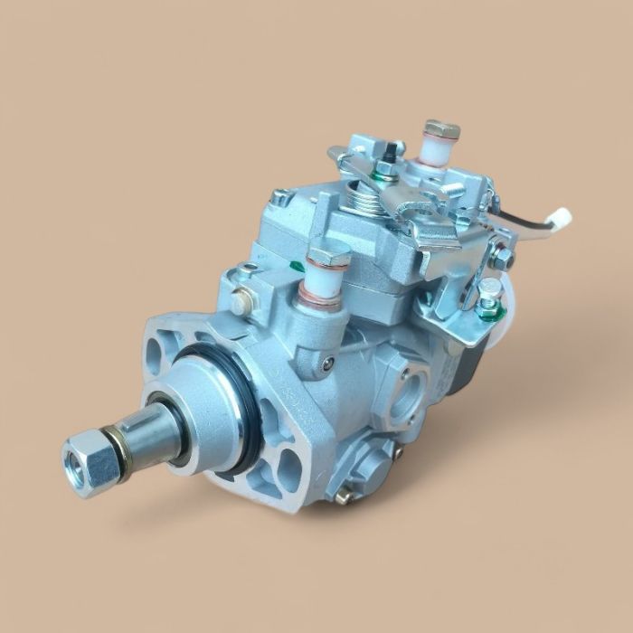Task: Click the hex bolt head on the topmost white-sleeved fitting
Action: tap(441, 129)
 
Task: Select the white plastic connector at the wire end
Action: tap(562, 217)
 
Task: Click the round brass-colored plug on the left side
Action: tap(239, 304)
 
